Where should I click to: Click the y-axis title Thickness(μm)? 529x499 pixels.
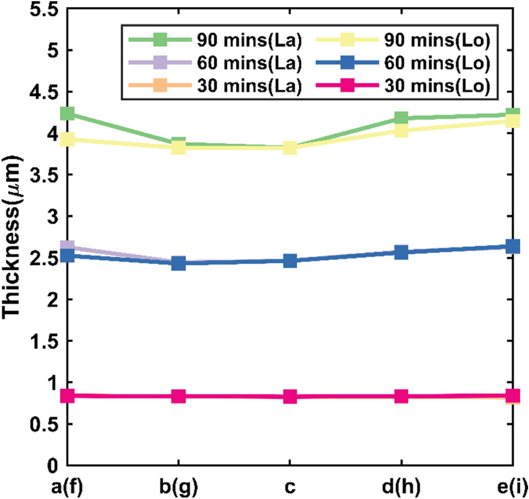click(14, 238)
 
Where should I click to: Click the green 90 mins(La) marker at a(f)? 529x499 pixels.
click(67, 114)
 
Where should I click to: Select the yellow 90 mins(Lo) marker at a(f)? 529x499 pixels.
click(67, 140)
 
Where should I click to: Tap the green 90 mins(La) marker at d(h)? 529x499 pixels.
click(401, 118)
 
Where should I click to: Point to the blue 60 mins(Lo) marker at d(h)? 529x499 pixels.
click(401, 253)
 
